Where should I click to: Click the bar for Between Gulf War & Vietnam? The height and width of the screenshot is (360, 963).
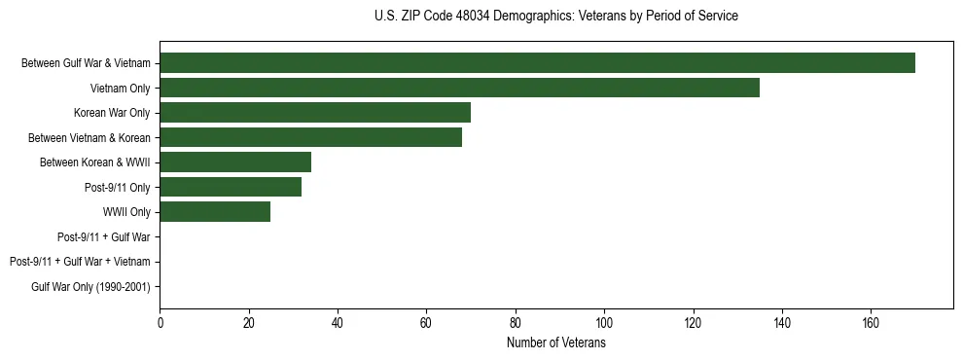pyautogui.click(x=537, y=63)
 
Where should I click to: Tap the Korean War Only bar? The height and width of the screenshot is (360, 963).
pyautogui.click(x=315, y=113)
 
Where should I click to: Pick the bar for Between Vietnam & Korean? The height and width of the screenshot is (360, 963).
pyautogui.click(x=310, y=137)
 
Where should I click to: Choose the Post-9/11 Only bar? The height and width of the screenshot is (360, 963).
pyautogui.click(x=231, y=187)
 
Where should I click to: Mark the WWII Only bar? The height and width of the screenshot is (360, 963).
pyautogui.click(x=215, y=211)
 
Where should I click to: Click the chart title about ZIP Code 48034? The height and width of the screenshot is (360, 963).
pyautogui.click(x=555, y=17)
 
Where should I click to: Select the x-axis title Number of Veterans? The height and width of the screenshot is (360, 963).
pyautogui.click(x=555, y=343)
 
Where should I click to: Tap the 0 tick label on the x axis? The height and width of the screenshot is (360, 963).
pyautogui.click(x=160, y=323)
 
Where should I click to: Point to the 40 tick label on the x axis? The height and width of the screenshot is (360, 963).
pyautogui.click(x=338, y=323)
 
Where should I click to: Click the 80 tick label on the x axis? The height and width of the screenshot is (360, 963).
pyautogui.click(x=516, y=323)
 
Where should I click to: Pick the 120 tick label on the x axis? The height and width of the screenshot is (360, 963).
pyautogui.click(x=693, y=323)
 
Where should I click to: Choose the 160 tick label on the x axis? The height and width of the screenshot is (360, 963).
pyautogui.click(x=871, y=323)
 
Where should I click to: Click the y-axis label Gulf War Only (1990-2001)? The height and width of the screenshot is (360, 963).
pyautogui.click(x=90, y=286)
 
